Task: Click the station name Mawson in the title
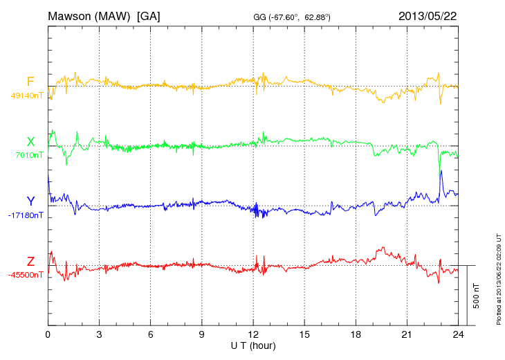[x=73, y=15]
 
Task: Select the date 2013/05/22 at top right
[x=427, y=15]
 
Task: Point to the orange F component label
[x=30, y=82]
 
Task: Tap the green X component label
[x=30, y=141]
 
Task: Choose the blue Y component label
[x=30, y=201]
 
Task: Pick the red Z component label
[x=30, y=261]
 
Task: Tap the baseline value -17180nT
[x=27, y=215]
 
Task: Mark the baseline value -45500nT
[x=27, y=275]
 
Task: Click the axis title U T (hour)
[x=253, y=345]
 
